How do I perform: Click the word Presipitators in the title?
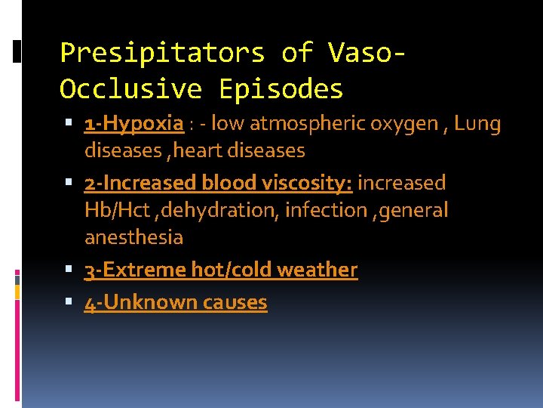pos(162,53)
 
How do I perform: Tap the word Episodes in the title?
pos(281,89)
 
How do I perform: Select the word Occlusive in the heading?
pos(130,89)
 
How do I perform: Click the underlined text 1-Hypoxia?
pos(134,124)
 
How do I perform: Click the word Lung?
pos(477,124)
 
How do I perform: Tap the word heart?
pos(201,150)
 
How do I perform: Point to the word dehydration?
pos(227,210)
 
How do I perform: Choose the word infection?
pos(326,210)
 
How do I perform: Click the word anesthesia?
pos(133,237)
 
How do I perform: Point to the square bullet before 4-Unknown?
pos(69,302)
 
